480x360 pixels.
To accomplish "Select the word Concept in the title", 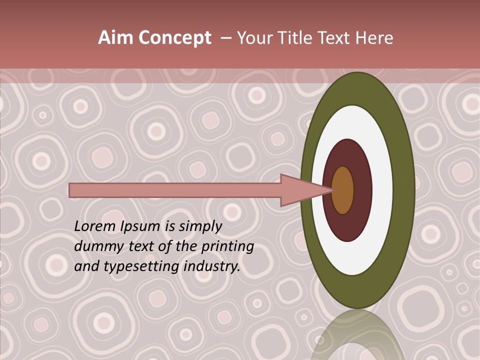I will (x=175, y=38).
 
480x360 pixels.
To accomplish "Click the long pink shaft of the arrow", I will (x=175, y=190).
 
